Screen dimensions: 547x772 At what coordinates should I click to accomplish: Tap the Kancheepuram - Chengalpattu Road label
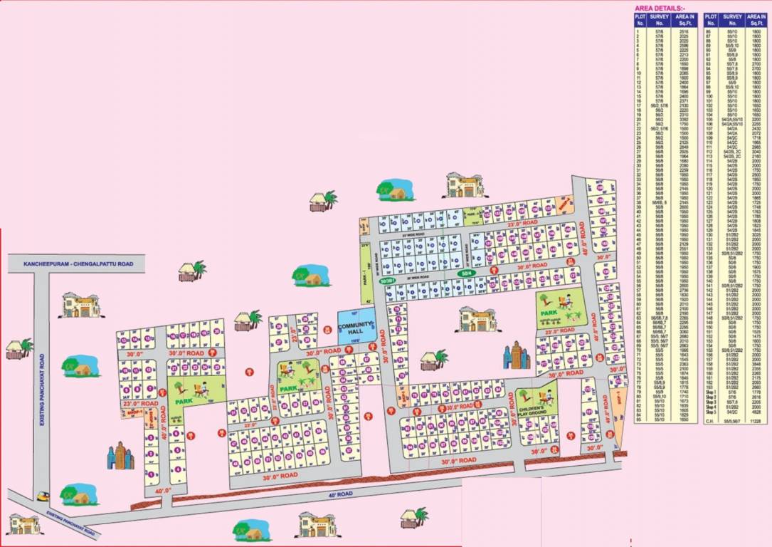coord(76,264)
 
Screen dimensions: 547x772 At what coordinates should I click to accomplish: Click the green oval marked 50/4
coord(466,273)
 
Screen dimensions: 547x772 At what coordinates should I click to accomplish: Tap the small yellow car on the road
coord(44,496)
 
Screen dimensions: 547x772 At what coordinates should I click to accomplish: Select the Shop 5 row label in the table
coord(709,412)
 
